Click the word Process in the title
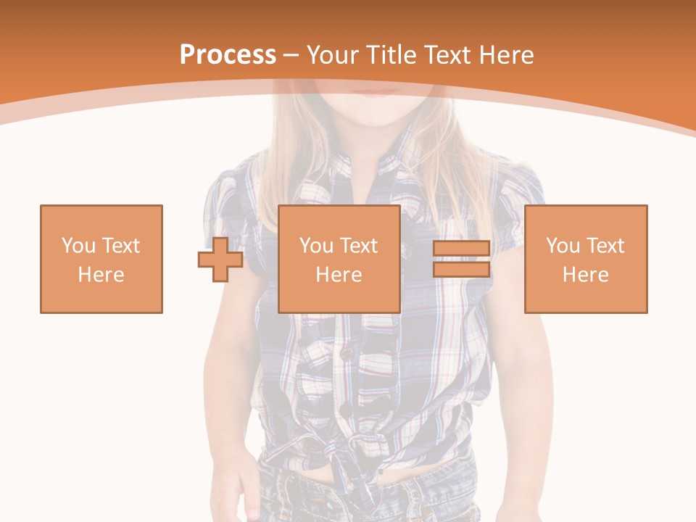click(228, 55)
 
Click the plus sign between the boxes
click(220, 259)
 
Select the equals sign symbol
click(461, 259)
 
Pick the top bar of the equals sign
click(461, 249)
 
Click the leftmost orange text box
click(101, 259)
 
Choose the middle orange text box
click(339, 259)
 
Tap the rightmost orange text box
click(586, 259)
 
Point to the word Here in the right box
click(586, 275)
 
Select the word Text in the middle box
click(358, 246)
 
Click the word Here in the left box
click(101, 275)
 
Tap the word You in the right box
click(563, 246)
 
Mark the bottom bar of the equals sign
click(461, 269)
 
